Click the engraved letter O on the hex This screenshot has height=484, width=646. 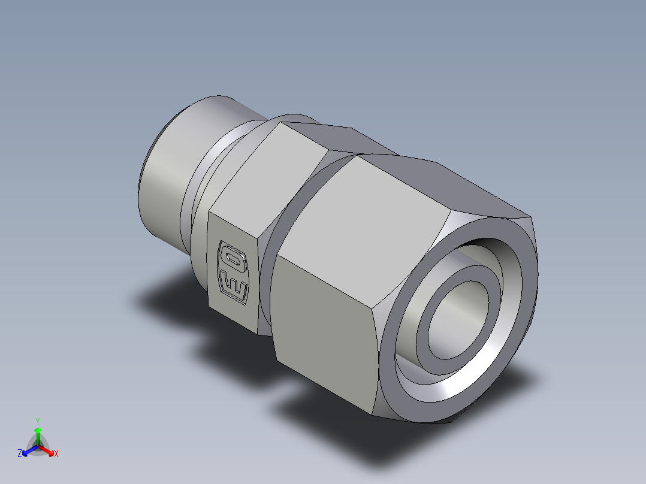pyautogui.click(x=232, y=256)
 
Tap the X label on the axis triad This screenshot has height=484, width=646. pyautogui.click(x=56, y=454)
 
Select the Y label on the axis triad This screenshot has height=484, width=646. pyautogui.click(x=38, y=421)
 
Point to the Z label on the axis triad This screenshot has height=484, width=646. pyautogui.click(x=20, y=454)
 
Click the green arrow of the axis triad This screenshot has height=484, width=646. pyautogui.click(x=38, y=433)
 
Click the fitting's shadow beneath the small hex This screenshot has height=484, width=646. pyautogui.click(x=174, y=300)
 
